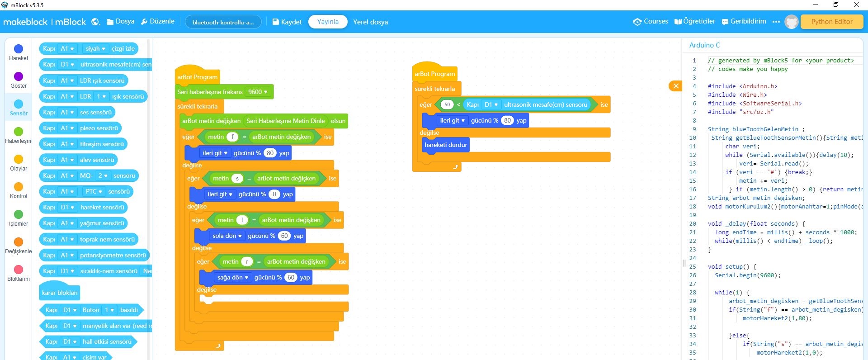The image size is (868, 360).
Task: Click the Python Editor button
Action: [x=831, y=22]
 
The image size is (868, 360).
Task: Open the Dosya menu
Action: [x=121, y=22]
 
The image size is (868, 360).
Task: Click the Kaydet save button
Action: [x=287, y=22]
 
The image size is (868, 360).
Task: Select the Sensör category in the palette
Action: [x=19, y=108]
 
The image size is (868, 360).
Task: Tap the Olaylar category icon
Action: [x=19, y=159]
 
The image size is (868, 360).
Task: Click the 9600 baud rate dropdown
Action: [x=258, y=92]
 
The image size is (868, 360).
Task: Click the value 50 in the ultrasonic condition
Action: [x=447, y=104]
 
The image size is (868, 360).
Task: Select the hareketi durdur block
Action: [x=446, y=145]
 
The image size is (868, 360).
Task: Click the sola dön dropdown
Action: [x=227, y=236]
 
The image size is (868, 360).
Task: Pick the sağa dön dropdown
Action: [x=233, y=277]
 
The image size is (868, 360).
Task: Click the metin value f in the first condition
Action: [x=232, y=137]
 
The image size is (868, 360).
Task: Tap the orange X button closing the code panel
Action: [x=675, y=86]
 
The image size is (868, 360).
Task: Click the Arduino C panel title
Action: [x=704, y=45]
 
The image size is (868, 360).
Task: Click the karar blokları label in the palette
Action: [x=60, y=293]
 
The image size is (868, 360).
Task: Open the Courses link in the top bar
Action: [x=651, y=22]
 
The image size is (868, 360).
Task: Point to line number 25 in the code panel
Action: [x=693, y=267]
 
